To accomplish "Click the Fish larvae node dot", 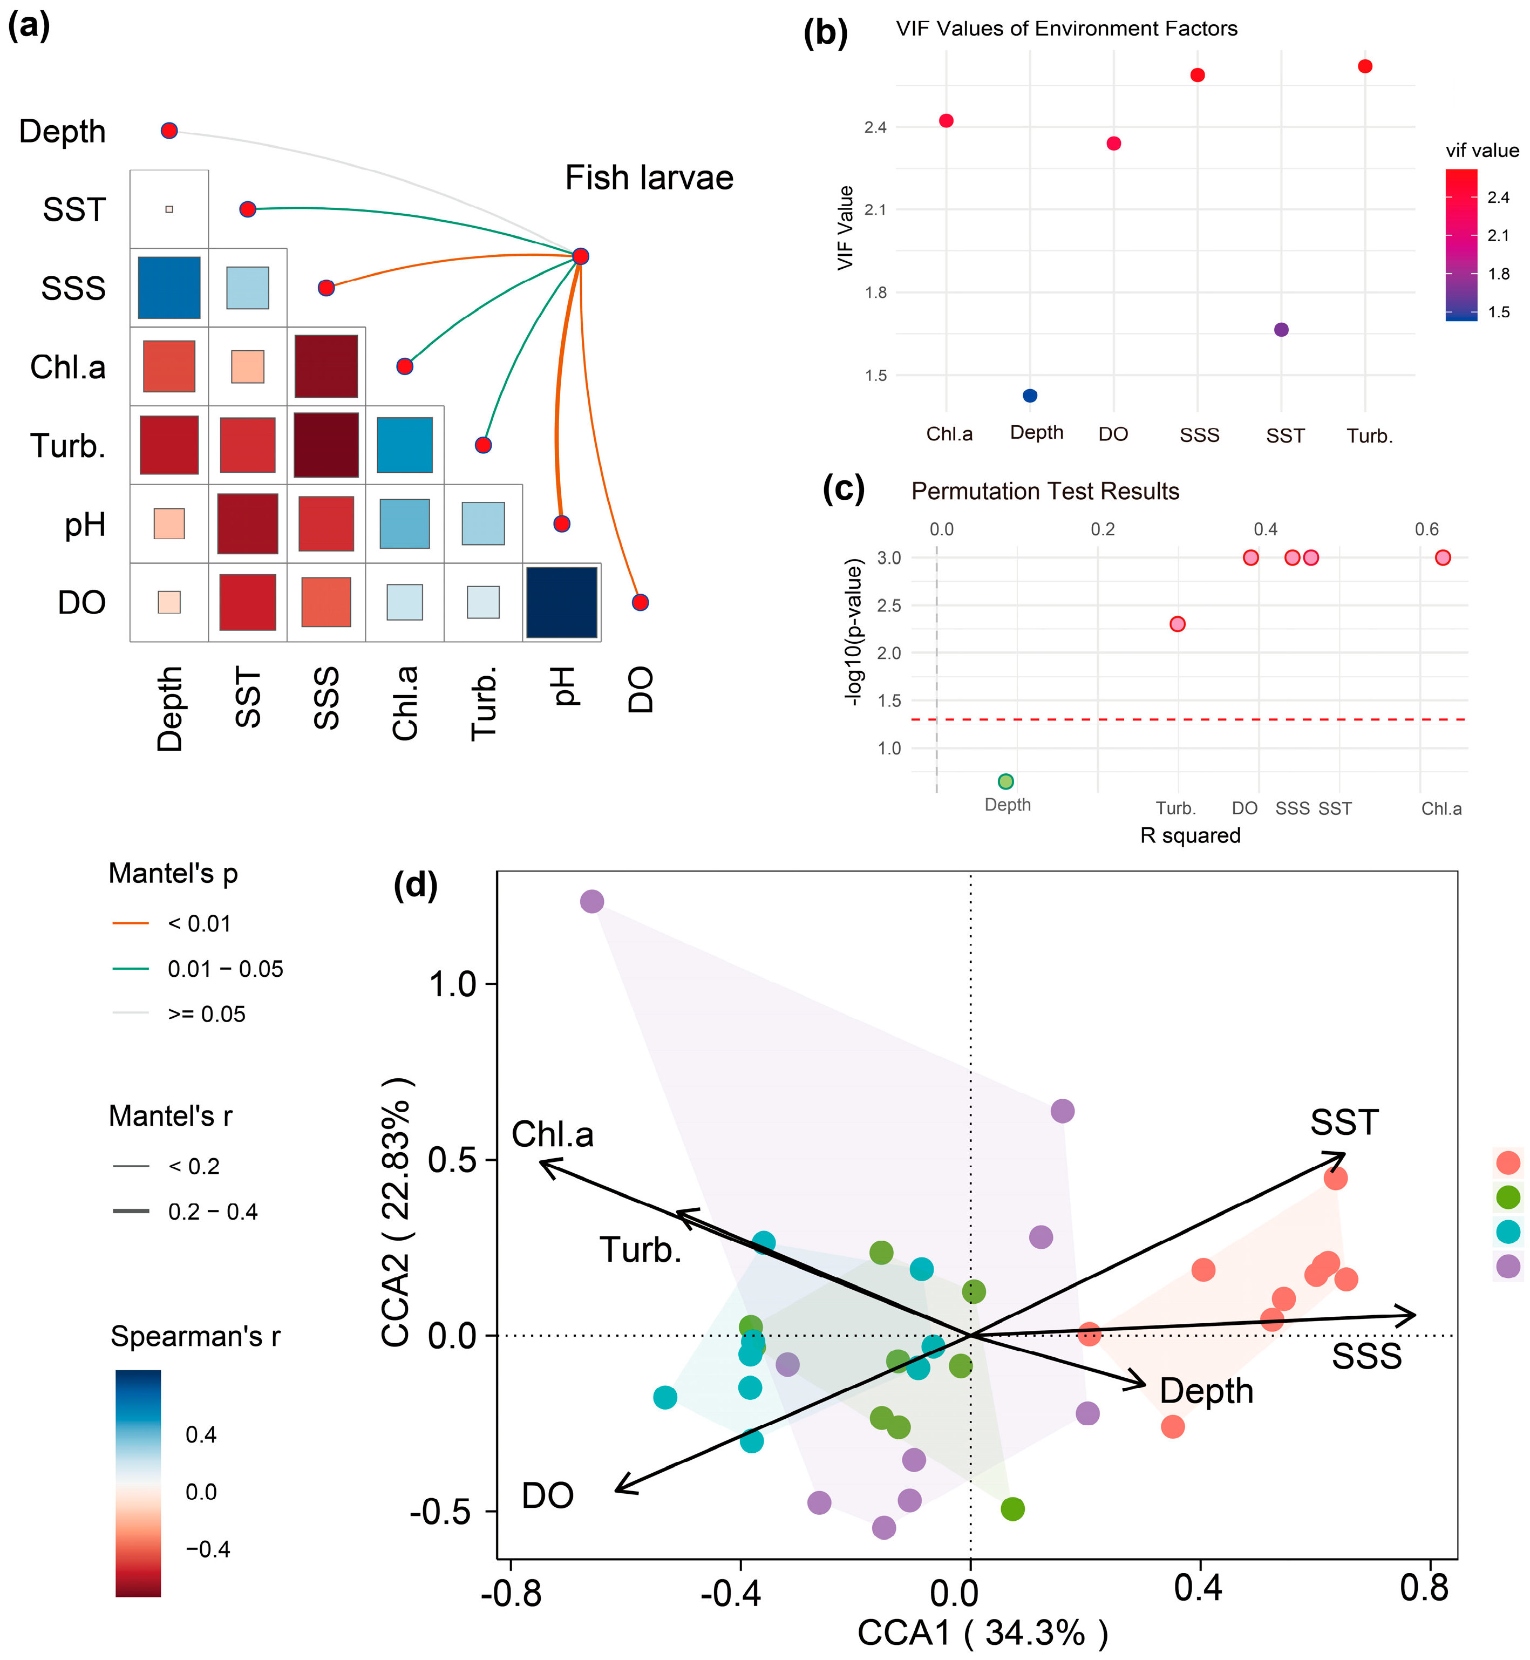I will [580, 256].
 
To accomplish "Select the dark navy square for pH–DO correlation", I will [561, 602].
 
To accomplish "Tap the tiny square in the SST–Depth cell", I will [169, 209].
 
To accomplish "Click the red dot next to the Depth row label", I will [169, 131].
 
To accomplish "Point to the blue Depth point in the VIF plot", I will [1030, 396].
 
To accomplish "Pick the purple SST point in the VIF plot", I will [1281, 330].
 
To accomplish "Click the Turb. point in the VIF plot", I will [1365, 66].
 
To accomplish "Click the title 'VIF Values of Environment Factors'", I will [1066, 29].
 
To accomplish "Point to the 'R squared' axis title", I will [1189, 835].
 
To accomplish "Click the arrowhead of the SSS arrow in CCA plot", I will [1412, 1316].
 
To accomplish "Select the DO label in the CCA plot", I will [547, 1496].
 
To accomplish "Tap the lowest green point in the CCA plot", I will [1012, 1508].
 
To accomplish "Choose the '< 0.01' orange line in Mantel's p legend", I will [131, 923].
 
